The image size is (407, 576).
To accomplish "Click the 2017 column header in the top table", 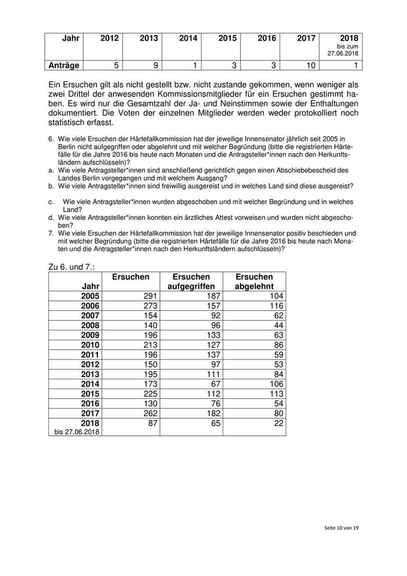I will [306, 38].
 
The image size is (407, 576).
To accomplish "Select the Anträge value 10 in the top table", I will [311, 66].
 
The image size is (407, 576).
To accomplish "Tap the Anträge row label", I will [65, 66].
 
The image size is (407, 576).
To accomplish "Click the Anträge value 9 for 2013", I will [155, 66].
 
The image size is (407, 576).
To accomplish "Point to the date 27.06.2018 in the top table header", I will [343, 53].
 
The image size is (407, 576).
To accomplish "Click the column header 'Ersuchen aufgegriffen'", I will [191, 282].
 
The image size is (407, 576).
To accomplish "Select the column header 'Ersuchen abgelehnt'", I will [254, 282].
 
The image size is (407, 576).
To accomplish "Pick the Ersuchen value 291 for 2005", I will [142, 296].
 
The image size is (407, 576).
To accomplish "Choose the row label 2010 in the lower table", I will [91, 345].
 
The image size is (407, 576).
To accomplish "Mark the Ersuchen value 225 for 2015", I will [142, 394].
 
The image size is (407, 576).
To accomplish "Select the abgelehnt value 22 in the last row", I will [277, 424].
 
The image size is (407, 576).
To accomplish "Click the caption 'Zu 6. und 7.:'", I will [72, 266].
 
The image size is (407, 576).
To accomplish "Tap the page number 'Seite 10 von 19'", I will [341, 527].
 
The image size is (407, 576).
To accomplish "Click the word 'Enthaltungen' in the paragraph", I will [330, 104].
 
